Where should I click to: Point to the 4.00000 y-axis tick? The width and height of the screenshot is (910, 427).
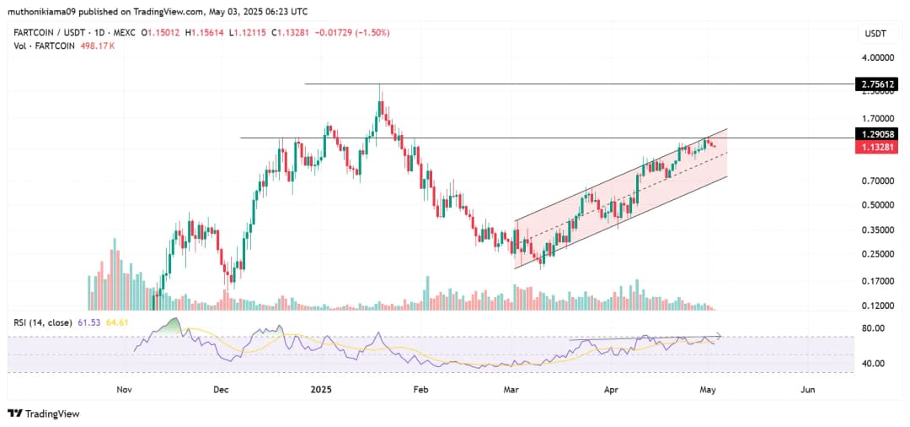877,57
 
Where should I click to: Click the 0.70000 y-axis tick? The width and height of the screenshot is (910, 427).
877,181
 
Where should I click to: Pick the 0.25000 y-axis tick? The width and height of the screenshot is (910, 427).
877,254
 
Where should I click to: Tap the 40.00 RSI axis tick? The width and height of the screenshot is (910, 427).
872,364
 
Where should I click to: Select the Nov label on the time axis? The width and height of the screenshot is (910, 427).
124,390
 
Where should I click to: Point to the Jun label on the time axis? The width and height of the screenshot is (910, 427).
808,390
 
